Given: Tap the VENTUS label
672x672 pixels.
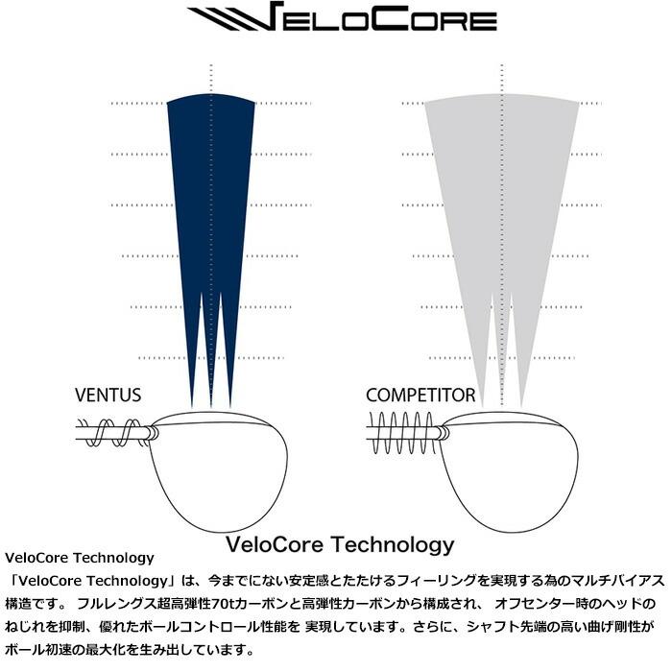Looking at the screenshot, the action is tap(108, 396).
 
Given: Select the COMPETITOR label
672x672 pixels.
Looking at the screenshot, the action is tap(420, 396).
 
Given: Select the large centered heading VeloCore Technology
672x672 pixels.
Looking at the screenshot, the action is tap(338, 544).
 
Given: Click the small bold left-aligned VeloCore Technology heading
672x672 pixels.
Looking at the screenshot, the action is tap(80, 558).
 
